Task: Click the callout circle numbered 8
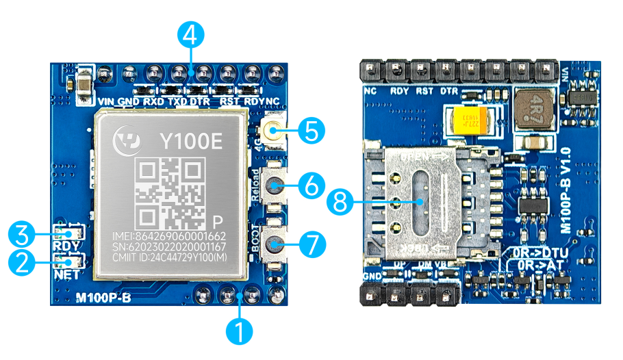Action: (340, 201)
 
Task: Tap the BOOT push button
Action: (275, 244)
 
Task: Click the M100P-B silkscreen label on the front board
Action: (102, 298)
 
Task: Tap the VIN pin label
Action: (105, 102)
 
